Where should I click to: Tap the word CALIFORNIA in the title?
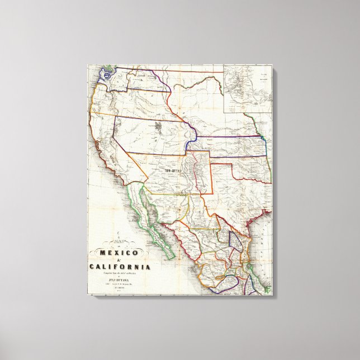point(120,267)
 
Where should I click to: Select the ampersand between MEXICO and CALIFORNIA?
point(118,260)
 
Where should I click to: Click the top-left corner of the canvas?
point(87,65)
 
